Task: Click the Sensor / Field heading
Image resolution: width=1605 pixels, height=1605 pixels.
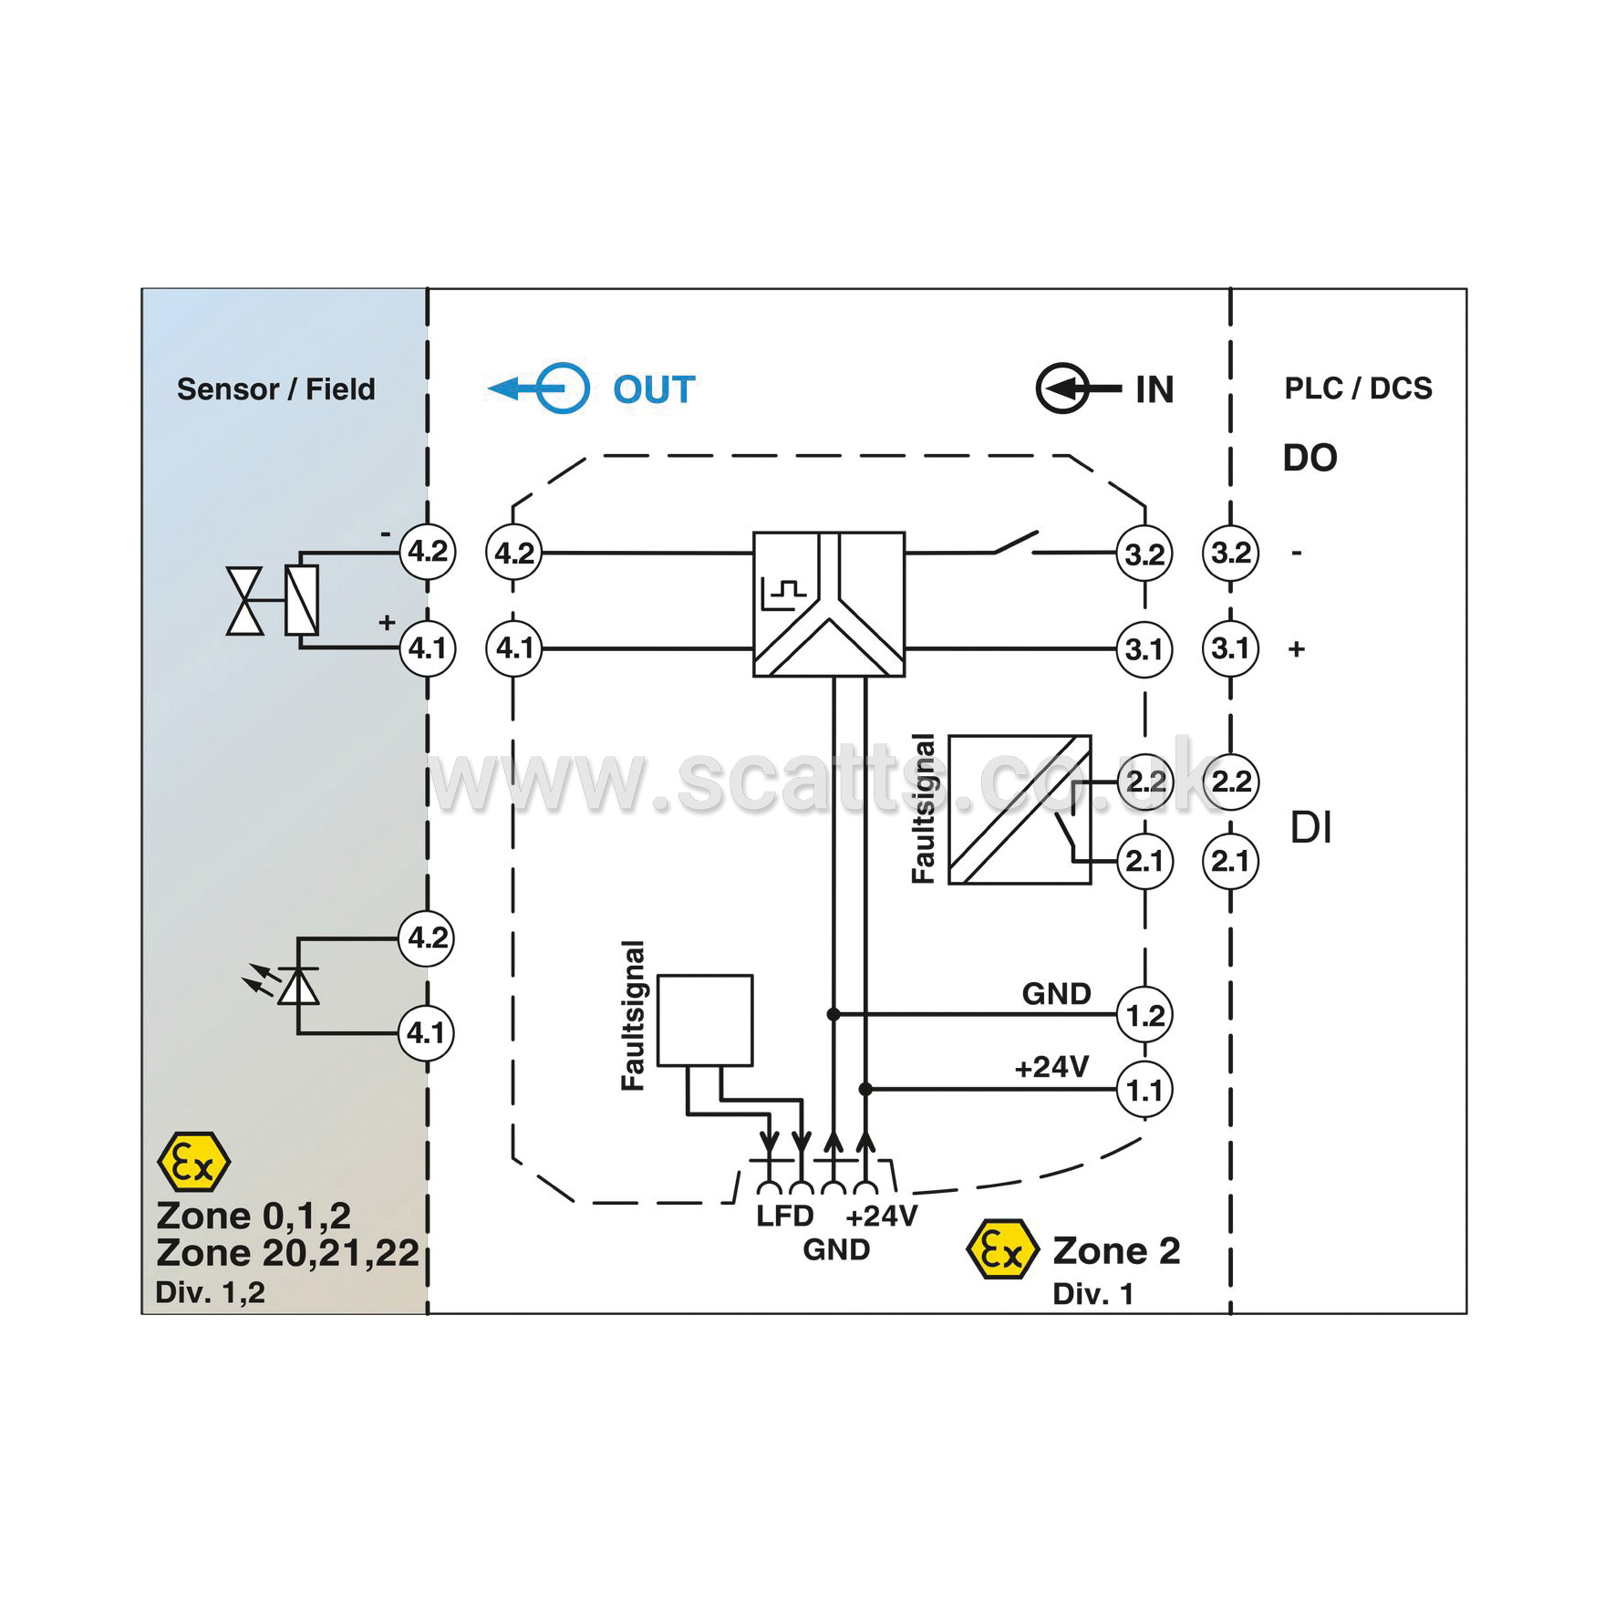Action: pyautogui.click(x=275, y=389)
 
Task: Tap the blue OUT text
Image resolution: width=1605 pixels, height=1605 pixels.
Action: pyautogui.click(x=654, y=389)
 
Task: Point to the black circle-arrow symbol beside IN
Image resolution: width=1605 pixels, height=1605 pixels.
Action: pyautogui.click(x=1078, y=388)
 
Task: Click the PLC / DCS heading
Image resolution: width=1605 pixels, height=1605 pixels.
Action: pyautogui.click(x=1358, y=388)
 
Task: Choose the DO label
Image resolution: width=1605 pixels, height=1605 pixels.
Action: pyautogui.click(x=1310, y=458)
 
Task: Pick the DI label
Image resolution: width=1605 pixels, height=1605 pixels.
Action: pyautogui.click(x=1310, y=828)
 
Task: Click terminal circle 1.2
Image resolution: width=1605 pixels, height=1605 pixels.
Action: pyautogui.click(x=1144, y=1014)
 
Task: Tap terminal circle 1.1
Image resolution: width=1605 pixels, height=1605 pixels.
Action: pyautogui.click(x=1144, y=1090)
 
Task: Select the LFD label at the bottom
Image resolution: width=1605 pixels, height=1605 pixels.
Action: pyautogui.click(x=784, y=1216)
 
